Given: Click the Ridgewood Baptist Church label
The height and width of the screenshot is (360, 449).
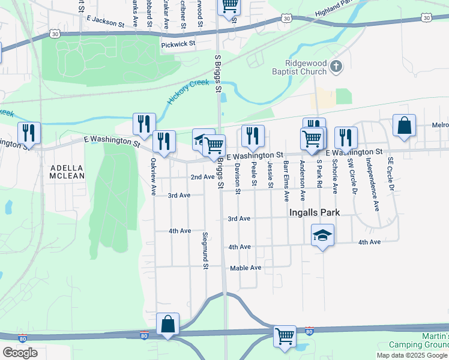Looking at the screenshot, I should (306, 67).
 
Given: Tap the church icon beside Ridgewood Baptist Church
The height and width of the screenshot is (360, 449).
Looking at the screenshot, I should (336, 67).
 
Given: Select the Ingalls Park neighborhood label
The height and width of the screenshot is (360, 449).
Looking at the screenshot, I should (314, 212).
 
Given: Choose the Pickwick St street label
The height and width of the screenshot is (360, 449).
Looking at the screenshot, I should (178, 44).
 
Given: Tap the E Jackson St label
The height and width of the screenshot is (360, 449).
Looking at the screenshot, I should (105, 20).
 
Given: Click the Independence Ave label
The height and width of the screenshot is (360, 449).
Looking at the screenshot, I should (376, 180).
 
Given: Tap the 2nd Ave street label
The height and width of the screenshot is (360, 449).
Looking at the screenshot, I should (202, 177).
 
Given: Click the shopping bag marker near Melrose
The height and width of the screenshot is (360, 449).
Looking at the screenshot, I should (405, 126).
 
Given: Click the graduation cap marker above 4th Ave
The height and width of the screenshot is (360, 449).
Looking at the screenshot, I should (322, 235).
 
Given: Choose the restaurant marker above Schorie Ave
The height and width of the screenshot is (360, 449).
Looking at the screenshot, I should (346, 137).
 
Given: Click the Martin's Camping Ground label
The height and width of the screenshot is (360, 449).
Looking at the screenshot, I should (418, 340).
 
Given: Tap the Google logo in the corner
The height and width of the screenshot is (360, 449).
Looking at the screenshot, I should (20, 353).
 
